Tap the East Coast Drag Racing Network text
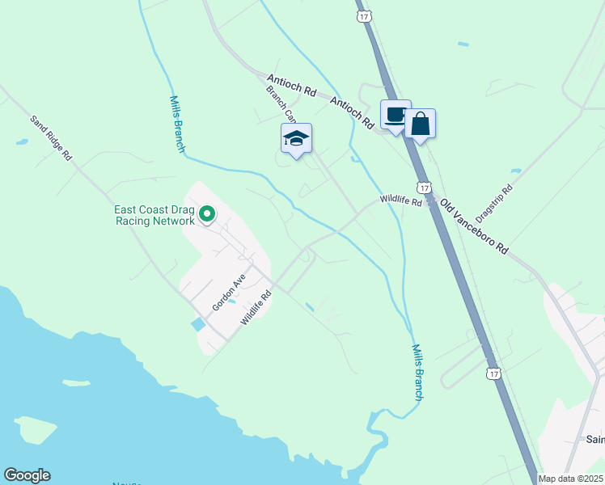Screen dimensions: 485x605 coord(154,215)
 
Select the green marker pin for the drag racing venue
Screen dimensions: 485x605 coord(207,214)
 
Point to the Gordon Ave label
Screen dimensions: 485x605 coord(228,293)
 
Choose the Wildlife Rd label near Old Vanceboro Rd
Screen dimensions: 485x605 coord(401,200)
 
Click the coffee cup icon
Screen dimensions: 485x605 coord(396,115)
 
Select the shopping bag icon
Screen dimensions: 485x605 coord(421,124)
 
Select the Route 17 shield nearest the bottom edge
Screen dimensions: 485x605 coord(493,373)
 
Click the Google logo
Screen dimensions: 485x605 coord(27,475)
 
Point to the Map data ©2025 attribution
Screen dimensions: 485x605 coord(570,479)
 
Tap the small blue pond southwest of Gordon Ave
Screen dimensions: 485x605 coord(198,324)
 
